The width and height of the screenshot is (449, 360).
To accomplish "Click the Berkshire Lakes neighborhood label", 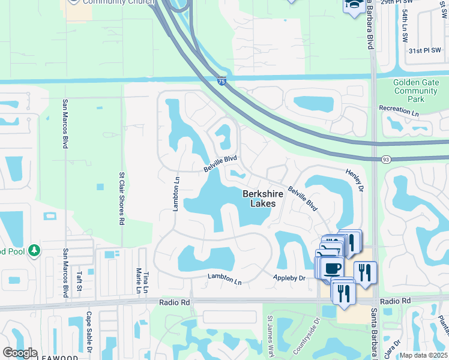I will tap(259, 199).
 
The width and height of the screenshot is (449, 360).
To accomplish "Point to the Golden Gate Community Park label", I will tap(416, 91).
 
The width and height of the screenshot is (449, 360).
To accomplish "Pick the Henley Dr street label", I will tap(354, 180).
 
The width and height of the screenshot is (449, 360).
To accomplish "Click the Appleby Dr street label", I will tap(289, 278).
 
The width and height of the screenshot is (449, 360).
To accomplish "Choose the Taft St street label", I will tap(79, 281).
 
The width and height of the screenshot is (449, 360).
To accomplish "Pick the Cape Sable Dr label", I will tap(88, 332).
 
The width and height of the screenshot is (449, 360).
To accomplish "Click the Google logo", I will tap(20, 353).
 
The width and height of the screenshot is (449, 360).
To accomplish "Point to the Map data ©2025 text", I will tap(423, 355).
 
